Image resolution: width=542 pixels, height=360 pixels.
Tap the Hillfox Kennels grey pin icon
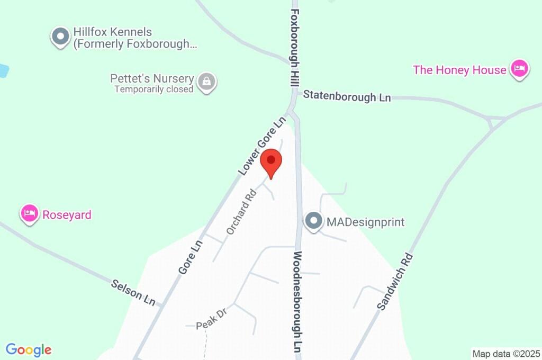60,37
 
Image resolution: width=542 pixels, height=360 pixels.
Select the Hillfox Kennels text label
134,38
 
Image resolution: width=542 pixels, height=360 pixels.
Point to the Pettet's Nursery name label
152,78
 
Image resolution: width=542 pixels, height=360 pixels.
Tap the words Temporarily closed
154,89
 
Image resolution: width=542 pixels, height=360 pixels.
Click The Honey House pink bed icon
520,69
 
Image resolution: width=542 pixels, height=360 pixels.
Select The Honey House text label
459,70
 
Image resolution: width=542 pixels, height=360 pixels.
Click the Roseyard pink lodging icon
30,214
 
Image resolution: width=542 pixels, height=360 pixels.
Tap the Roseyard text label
67,215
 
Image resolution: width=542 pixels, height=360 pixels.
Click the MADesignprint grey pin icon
313,221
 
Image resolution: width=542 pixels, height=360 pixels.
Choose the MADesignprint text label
365,222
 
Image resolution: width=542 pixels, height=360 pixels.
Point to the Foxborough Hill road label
295,48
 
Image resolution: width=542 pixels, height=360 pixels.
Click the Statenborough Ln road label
347,97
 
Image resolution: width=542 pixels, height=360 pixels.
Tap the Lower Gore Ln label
261,146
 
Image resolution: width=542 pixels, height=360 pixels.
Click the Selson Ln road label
133,292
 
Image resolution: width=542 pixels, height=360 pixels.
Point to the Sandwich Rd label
395,282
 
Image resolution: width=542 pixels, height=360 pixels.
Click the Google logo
29,350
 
